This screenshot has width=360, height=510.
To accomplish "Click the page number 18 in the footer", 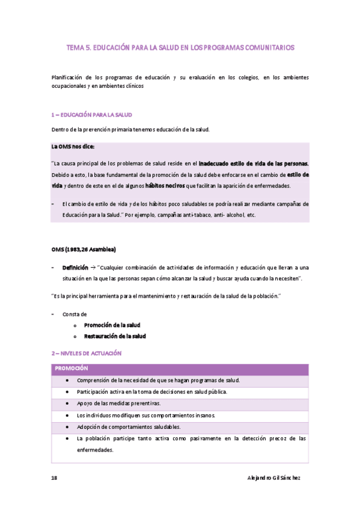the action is point(53,478).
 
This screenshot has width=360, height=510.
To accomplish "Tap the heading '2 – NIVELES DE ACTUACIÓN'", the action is point(87,354).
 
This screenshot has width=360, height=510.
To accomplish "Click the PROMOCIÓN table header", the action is point(72,368).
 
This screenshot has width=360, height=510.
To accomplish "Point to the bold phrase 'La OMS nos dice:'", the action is point(73,147).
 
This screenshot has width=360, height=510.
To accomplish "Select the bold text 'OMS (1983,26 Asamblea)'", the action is point(84,250).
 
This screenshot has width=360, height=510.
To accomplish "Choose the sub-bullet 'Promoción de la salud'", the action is point(112,325).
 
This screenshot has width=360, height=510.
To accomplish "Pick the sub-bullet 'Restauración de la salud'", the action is point(115,336).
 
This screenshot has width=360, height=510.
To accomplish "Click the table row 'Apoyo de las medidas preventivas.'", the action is point(118,403).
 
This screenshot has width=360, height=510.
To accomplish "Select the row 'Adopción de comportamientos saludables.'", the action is point(129,427).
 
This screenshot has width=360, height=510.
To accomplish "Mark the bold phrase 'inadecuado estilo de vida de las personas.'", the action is point(254,163).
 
